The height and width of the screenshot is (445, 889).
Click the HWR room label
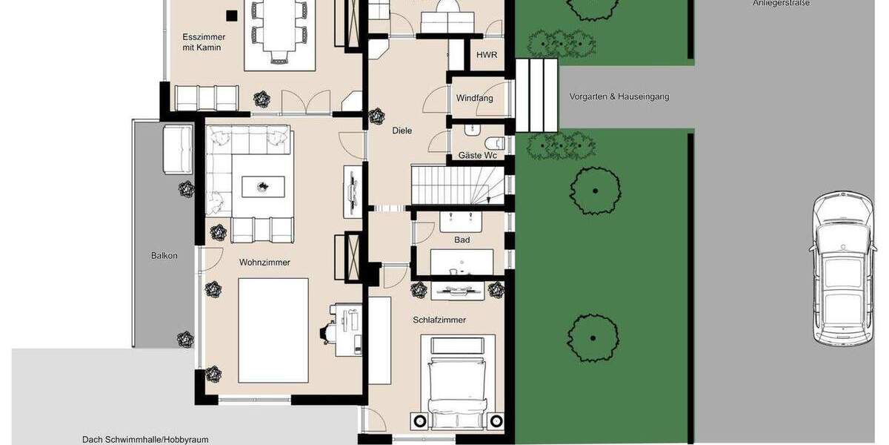click(487, 55)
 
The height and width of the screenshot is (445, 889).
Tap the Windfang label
click(475, 98)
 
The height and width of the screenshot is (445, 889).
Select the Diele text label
click(402, 131)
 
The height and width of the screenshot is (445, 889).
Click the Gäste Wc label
click(477, 156)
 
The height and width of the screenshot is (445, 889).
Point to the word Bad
click(462, 240)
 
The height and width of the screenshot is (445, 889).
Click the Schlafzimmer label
click(439, 320)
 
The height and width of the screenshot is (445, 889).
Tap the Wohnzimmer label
click(264, 263)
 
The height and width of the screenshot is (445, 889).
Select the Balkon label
click(164, 256)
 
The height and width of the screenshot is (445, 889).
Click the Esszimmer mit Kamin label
click(203, 42)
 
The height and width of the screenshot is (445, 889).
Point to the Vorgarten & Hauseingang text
click(619, 97)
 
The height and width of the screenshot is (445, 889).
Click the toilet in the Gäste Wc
click(496, 143)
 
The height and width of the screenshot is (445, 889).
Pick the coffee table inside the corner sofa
click(262, 185)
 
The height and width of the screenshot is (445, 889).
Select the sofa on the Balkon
click(177, 148)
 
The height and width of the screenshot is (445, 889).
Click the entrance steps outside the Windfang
click(536, 94)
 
